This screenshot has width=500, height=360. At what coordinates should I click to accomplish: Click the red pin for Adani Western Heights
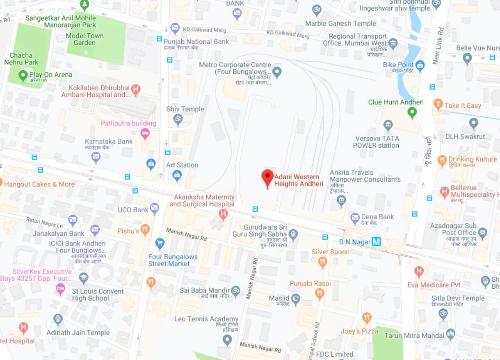coord(267,178)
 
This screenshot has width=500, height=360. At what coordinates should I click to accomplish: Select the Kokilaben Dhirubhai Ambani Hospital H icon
coord(136,88)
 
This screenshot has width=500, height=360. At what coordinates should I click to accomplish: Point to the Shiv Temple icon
coord(177,120)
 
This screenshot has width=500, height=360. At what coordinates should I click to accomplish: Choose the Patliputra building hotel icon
coord(145,133)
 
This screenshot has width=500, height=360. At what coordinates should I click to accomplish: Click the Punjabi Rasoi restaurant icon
coord(319,293)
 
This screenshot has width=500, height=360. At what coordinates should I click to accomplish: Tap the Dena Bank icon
coord(355,218)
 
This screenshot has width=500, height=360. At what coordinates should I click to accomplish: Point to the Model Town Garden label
coord(85,39)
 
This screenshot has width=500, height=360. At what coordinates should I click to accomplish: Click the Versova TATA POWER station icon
coord(388,125)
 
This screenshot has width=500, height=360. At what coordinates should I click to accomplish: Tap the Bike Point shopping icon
coord(420,65)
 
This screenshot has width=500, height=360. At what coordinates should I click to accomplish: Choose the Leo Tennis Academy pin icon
coord(227,339)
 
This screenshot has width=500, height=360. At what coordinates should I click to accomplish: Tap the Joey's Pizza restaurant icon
coord(367,318)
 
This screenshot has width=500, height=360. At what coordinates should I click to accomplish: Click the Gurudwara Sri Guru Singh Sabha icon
coord(292,234)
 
